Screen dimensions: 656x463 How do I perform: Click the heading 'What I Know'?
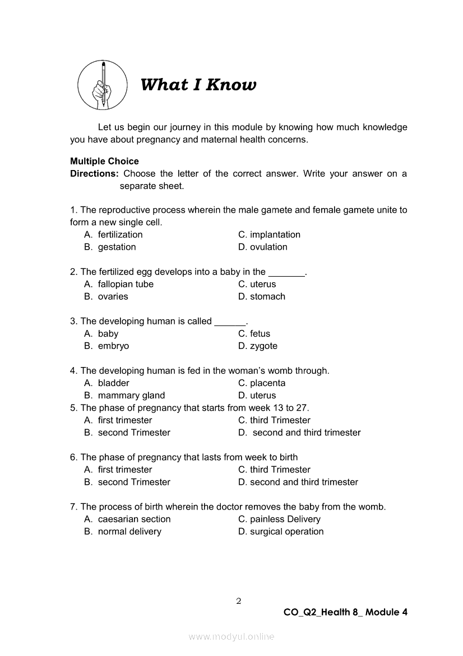pyautogui.click(x=198, y=85)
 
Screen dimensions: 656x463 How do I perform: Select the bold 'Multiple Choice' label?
pyautogui.click(x=104, y=161)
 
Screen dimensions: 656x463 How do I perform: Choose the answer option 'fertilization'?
pyautogui.click(x=120, y=235)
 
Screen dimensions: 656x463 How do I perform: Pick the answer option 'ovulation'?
pyautogui.click(x=268, y=247)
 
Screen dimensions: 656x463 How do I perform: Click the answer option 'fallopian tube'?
pyautogui.click(x=126, y=284)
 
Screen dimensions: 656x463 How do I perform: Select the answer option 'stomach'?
pyautogui.click(x=267, y=296)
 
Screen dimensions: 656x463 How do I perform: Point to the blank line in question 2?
pyautogui.click(x=286, y=273)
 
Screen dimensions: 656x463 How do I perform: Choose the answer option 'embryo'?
pyautogui.click(x=113, y=346)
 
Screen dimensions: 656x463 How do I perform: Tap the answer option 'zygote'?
pyautogui.click(x=263, y=346)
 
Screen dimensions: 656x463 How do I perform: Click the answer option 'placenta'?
pyautogui.click(x=267, y=383)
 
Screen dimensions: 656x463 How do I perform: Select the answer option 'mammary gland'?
pyautogui.click(x=131, y=395)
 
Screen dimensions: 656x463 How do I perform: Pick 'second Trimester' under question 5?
pyautogui.click(x=134, y=432)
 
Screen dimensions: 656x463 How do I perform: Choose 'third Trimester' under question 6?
pyautogui.click(x=280, y=469)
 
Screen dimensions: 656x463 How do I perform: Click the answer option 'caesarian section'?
pyautogui.click(x=134, y=519)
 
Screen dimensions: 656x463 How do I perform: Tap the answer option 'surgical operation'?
pyautogui.click(x=286, y=531)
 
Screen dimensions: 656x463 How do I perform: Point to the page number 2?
pyautogui.click(x=238, y=601)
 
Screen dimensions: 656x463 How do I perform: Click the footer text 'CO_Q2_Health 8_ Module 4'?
pyautogui.click(x=345, y=612)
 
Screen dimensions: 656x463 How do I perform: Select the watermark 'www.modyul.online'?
pyautogui.click(x=231, y=636)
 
